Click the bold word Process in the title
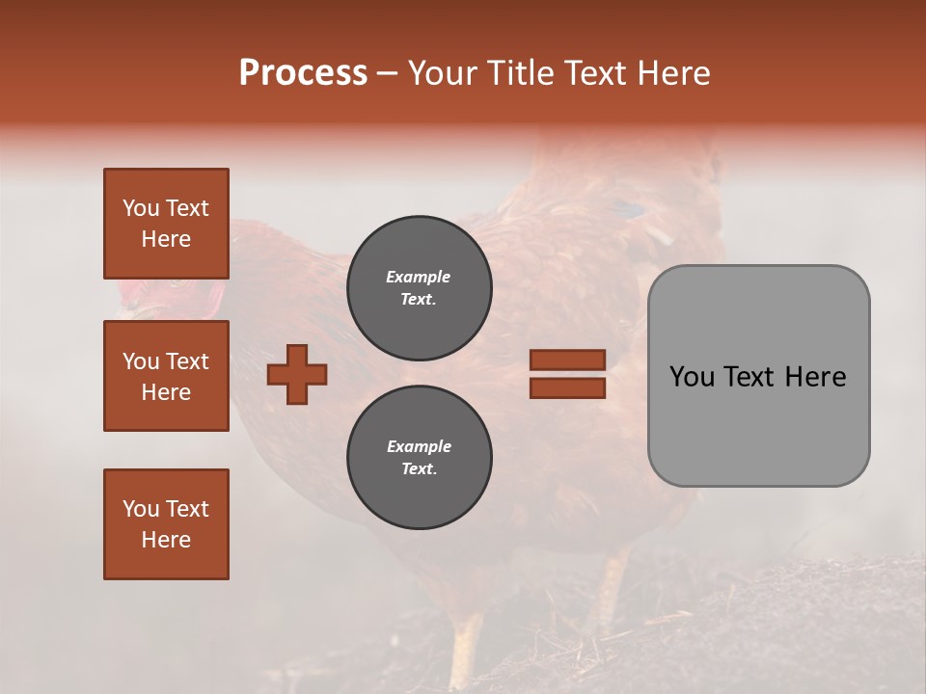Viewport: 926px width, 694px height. pos(303,73)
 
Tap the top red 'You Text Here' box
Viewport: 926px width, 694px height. pos(166,224)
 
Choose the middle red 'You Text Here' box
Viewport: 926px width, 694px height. pos(166,376)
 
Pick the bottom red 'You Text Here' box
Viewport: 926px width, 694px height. pos(166,524)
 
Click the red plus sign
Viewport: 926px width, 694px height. pos(297,374)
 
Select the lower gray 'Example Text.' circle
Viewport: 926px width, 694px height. pos(419,457)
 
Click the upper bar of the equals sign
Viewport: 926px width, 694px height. pos(567,360)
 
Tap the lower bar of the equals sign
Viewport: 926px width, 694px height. pos(567,388)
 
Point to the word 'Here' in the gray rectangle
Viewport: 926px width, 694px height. pos(816,377)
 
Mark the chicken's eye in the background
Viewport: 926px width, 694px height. pos(177,283)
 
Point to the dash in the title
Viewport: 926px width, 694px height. pos(387,74)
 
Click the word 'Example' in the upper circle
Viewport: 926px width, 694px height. pos(419,277)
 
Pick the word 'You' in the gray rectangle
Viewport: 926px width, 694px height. pos(693,377)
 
